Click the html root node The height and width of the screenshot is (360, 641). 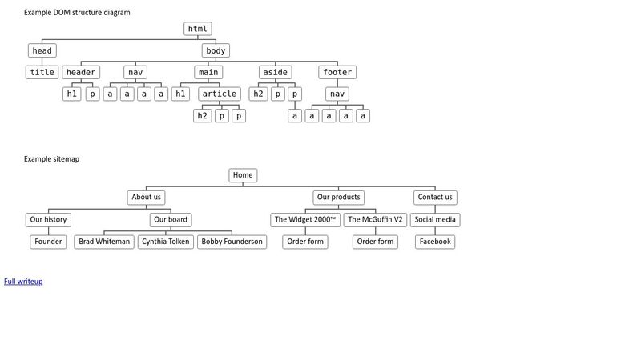coord(197,29)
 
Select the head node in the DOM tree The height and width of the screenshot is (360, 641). coord(42,50)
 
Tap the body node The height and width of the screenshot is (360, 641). coord(216,50)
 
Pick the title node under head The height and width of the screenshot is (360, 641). coord(42,72)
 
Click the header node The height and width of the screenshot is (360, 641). coord(81,72)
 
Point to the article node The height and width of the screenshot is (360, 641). coord(220,94)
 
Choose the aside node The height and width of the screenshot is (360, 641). coord(276,72)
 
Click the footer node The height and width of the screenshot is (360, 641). coord(337,72)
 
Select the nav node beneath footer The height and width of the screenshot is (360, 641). coord(337,94)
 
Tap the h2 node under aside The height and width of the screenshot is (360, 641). coord(259,94)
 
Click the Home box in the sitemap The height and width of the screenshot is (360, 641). coord(243,175)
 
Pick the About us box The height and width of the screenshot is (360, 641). coord(147,197)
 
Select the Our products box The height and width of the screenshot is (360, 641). coord(339,197)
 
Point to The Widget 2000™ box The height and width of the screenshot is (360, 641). coord(305,219)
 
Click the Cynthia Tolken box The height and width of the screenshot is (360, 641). coord(167,242)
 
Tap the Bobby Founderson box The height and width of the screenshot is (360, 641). coord(232,242)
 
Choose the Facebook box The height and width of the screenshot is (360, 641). coord(435,242)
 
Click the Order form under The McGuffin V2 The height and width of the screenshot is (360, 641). coord(376,242)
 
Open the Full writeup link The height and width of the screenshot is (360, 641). coord(23,282)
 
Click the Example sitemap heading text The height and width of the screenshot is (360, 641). coord(51,159)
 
